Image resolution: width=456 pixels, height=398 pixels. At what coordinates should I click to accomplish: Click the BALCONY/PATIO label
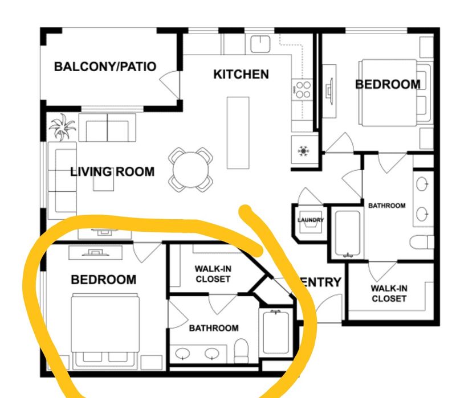(x=105, y=67)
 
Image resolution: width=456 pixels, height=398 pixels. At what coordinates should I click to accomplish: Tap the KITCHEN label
(x=241, y=74)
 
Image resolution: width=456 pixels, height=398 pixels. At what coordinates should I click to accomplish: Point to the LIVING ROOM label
(x=112, y=171)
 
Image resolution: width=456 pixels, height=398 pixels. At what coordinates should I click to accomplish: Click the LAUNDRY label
(x=311, y=220)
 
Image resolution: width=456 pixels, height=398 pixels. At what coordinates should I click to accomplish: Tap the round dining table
(x=191, y=169)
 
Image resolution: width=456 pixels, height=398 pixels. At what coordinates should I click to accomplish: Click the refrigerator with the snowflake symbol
(x=303, y=151)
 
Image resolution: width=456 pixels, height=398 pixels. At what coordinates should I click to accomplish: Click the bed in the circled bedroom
(x=105, y=327)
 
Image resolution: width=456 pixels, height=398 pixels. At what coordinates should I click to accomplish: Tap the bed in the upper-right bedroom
(x=393, y=92)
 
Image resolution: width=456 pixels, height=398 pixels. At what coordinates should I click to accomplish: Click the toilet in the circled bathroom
(x=242, y=350)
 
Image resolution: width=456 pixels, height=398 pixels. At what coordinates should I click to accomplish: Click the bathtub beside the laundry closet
(x=347, y=234)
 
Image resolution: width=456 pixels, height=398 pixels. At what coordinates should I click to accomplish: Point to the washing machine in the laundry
(x=311, y=227)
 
